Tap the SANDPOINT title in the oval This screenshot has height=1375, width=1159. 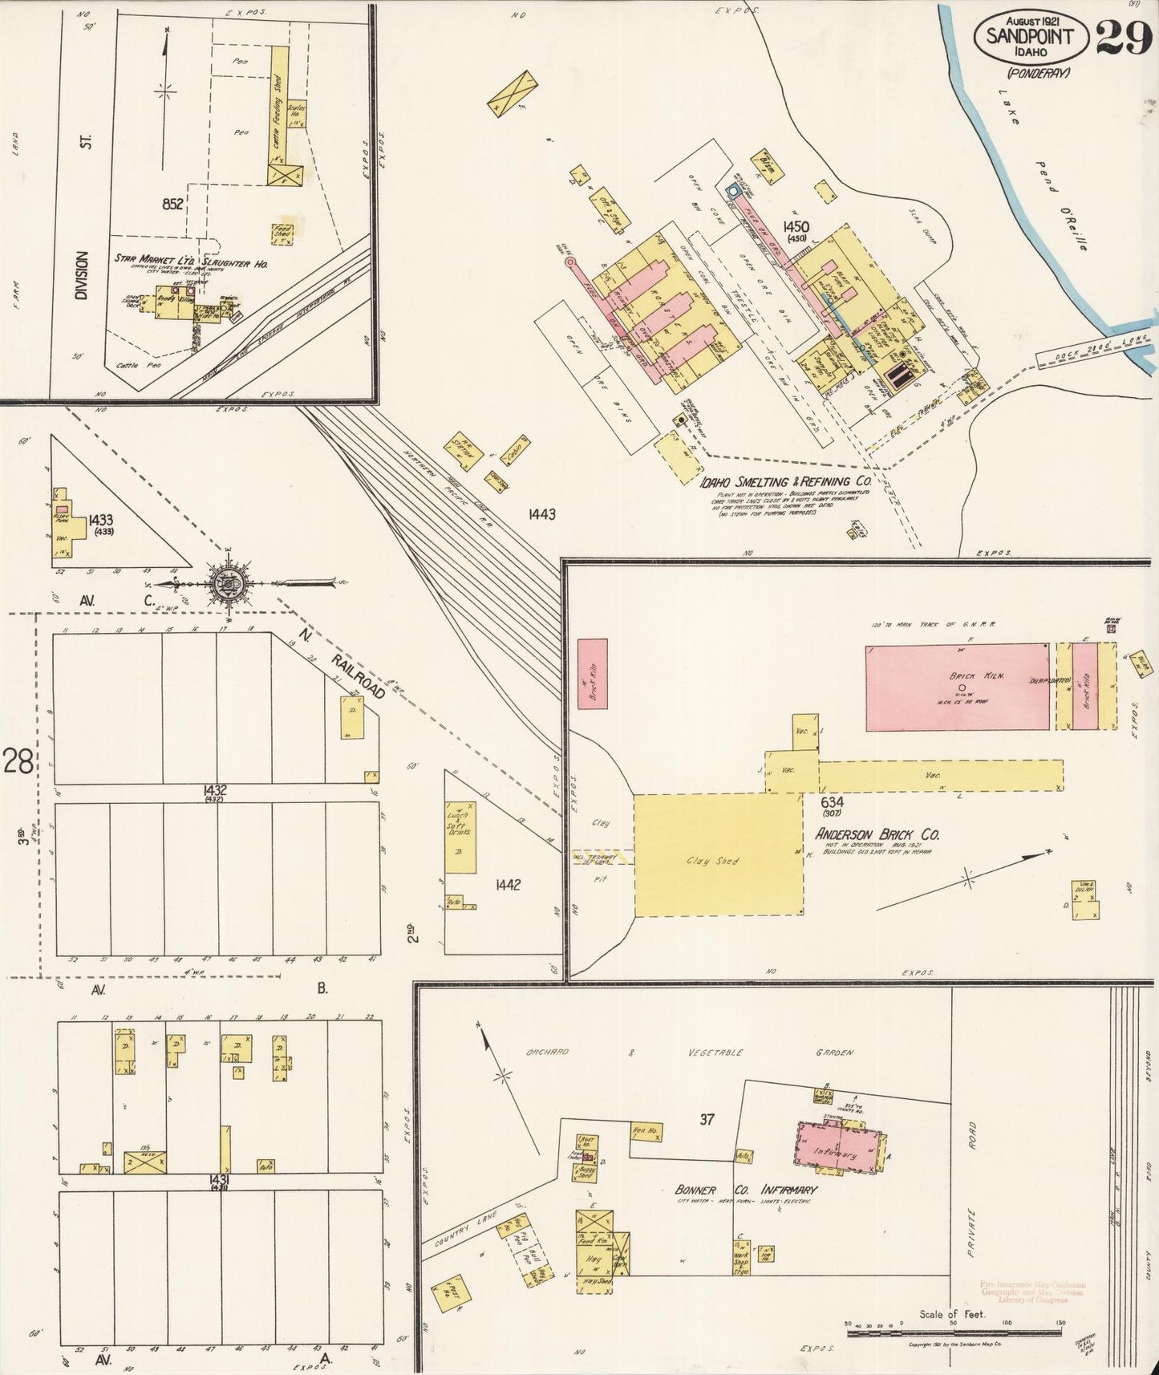pos(1030,36)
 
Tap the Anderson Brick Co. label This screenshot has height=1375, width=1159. pos(877,834)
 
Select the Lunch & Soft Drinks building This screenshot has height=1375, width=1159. pos(460,837)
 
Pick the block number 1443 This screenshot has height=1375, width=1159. pos(541,513)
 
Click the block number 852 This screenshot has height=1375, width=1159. pos(172,204)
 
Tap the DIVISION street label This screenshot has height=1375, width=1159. pos(81,275)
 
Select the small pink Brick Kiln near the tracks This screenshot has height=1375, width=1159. pos(593,673)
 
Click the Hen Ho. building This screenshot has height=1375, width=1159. pos(646,1131)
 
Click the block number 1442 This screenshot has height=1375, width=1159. pos(508,884)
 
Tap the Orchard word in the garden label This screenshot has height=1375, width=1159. pos(548,1052)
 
